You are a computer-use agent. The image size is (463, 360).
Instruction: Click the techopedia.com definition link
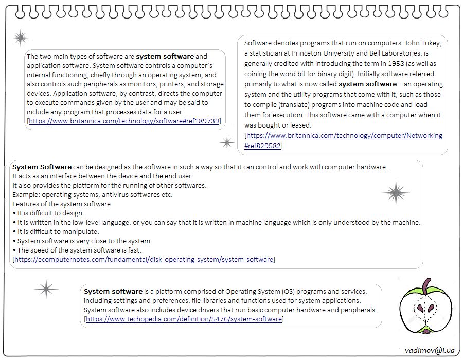pyautogui.click(x=184, y=319)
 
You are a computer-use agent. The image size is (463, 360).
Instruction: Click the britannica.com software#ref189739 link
pyautogui.click(x=123, y=121)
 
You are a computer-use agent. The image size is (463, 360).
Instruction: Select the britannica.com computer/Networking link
pyautogui.click(x=344, y=136)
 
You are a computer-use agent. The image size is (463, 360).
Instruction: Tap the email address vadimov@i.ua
pyautogui.click(x=430, y=350)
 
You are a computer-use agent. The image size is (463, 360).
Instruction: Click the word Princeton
pyautogui.click(x=308, y=53)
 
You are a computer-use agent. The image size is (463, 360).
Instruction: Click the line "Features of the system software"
pyautogui.click(x=61, y=204)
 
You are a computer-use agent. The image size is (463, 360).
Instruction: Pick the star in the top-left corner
pyautogui.click(x=21, y=38)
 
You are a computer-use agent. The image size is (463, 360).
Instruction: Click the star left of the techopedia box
pyautogui.click(x=46, y=290)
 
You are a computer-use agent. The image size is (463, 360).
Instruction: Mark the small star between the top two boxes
pyautogui.click(x=227, y=142)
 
